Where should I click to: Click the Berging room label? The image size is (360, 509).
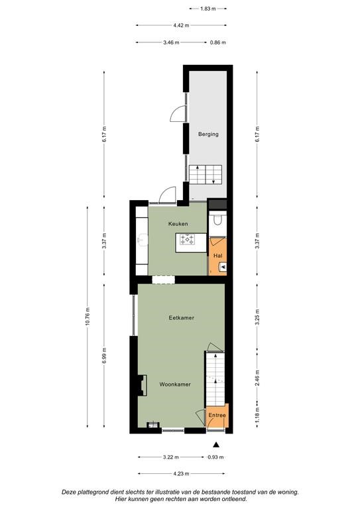pyautogui.click(x=208, y=134)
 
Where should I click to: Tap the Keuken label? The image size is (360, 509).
pyautogui.click(x=178, y=223)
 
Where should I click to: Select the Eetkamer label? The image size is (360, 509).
pyautogui.click(x=182, y=318)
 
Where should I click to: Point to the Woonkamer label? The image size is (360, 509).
pyautogui.click(x=175, y=384)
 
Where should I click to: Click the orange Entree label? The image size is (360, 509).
pyautogui.click(x=217, y=415)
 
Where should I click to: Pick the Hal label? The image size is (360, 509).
pyautogui.click(x=218, y=256)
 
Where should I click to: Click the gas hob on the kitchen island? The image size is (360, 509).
pyautogui.click(x=188, y=239)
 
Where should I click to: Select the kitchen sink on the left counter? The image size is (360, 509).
pyautogui.click(x=142, y=240)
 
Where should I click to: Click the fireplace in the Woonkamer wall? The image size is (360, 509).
pyautogui.click(x=142, y=385)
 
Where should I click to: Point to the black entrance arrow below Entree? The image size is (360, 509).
pyautogui.click(x=215, y=445)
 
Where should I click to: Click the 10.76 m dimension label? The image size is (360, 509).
pyautogui.click(x=88, y=317)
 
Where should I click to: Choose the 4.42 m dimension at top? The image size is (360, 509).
pyautogui.click(x=181, y=25)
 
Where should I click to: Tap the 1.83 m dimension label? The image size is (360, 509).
pyautogui.click(x=208, y=9)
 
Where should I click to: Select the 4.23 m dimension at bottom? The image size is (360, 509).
pyautogui.click(x=181, y=474)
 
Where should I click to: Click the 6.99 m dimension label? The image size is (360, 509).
pyautogui.click(x=104, y=356)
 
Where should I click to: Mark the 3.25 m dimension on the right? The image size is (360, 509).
pyautogui.click(x=257, y=319)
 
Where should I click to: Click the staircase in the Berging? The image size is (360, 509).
pyautogui.click(x=206, y=175)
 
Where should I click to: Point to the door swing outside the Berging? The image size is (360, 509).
pyautogui.click(x=177, y=114)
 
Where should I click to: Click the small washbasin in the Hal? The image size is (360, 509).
pyautogui.click(x=223, y=267)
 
